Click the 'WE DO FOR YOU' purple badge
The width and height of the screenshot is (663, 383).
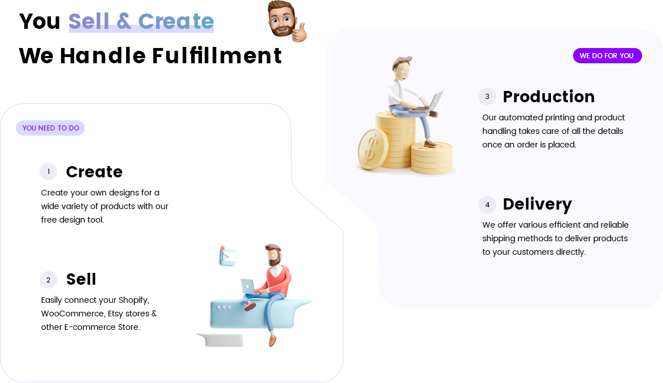pyautogui.click(x=607, y=56)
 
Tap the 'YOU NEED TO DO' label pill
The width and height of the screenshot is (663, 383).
pyautogui.click(x=50, y=128)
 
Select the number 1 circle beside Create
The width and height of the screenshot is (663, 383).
pyautogui.click(x=49, y=171)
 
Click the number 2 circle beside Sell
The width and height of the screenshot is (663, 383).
pyautogui.click(x=49, y=280)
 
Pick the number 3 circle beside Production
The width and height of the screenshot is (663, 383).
pyautogui.click(x=487, y=96)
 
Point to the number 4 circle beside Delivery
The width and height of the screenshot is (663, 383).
pyautogui.click(x=487, y=205)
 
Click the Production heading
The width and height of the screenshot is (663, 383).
pyautogui.click(x=548, y=97)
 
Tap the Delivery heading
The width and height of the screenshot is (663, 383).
pyautogui.click(x=537, y=204)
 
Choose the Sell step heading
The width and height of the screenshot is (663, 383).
pyautogui.click(x=81, y=279)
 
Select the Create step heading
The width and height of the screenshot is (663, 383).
pyautogui.click(x=94, y=172)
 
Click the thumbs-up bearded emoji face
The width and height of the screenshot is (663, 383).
pyautogui.click(x=286, y=21)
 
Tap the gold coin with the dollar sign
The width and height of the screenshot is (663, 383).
pyautogui.click(x=373, y=149)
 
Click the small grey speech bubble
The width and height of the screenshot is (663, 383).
pyautogui.click(x=221, y=340)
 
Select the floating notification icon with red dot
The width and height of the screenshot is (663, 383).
pyautogui.click(x=227, y=256)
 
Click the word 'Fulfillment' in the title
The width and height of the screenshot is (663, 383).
pyautogui.click(x=217, y=56)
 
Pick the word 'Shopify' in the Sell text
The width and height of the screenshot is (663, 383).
pyautogui.click(x=134, y=300)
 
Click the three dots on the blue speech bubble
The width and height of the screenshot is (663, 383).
pyautogui.click(x=223, y=307)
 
